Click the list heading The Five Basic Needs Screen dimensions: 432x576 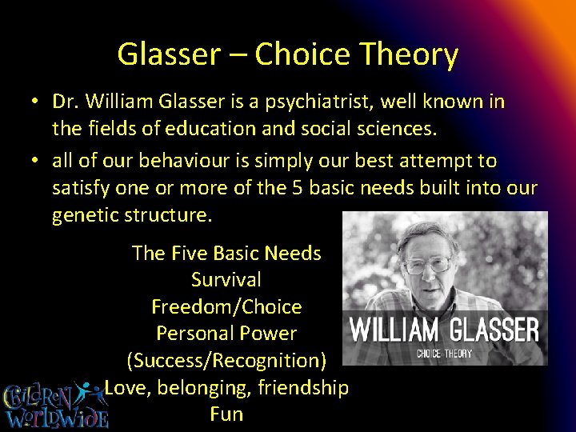tap(226, 254)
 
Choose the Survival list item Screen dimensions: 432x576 tap(226, 280)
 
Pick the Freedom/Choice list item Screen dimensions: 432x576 tap(226, 307)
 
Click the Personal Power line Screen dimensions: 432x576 tap(226, 334)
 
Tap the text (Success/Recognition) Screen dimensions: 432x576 tap(226, 361)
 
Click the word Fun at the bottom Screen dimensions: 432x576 tap(226, 414)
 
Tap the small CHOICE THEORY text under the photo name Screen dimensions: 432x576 tap(444, 354)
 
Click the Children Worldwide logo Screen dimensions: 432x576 tap(54, 405)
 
